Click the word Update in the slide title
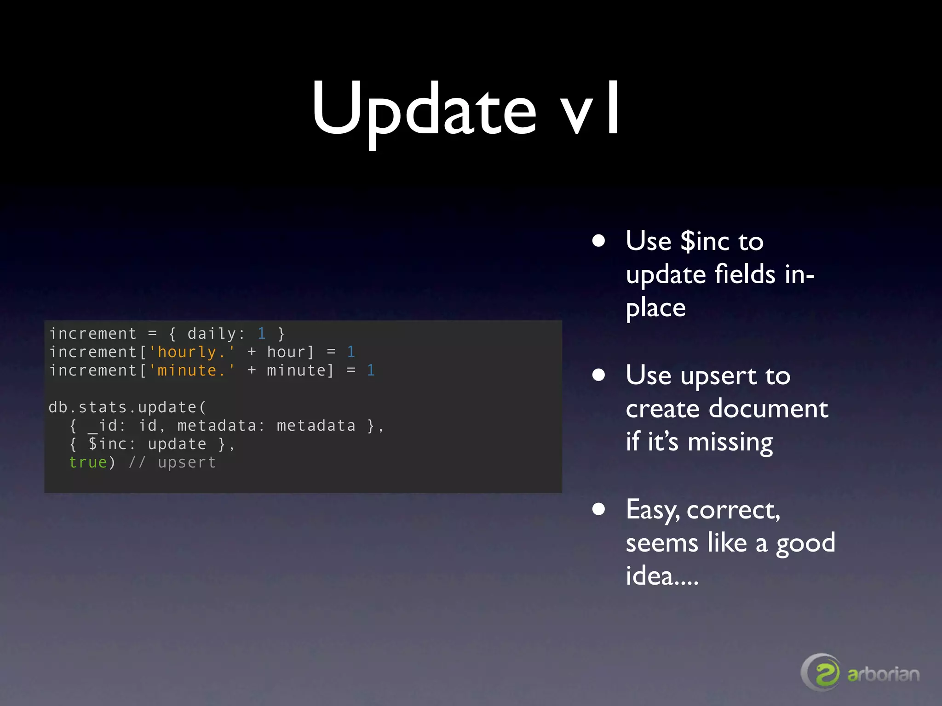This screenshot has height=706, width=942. [424, 110]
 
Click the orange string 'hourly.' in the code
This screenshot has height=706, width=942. [192, 352]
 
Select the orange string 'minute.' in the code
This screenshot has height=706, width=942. [192, 370]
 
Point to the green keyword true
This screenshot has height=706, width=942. [88, 462]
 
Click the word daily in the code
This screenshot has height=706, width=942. [212, 334]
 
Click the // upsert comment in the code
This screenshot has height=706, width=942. [172, 462]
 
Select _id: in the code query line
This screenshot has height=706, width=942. [106, 426]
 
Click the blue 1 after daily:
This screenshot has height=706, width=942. [261, 334]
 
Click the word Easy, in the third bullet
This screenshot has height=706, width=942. [653, 510]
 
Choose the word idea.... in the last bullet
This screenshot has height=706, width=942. [661, 576]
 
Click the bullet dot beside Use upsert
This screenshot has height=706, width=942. [598, 375]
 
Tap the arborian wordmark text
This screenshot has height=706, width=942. [883, 674]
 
